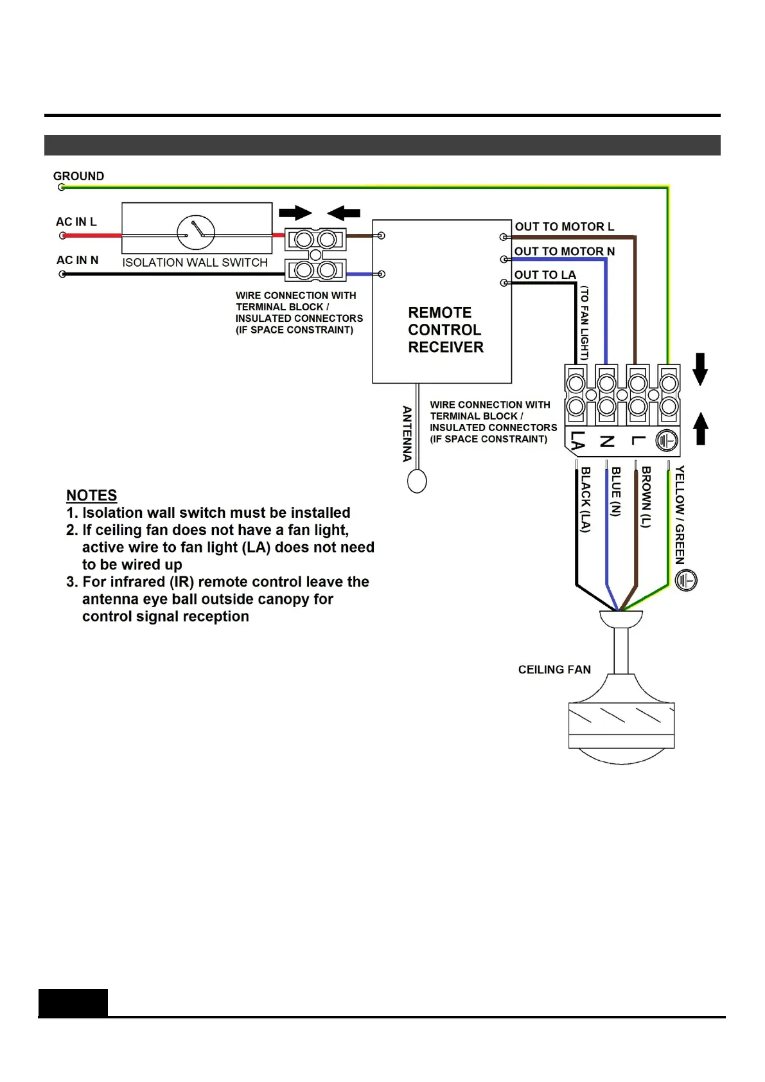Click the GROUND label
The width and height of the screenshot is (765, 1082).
tap(78, 176)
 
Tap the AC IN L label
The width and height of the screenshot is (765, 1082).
tap(76, 222)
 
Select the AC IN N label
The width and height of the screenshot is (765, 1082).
tap(77, 260)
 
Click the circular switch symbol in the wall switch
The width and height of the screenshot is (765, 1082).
tap(196, 233)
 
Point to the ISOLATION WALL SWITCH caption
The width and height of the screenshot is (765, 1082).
tap(195, 263)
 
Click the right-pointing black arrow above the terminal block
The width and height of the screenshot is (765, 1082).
tap(295, 213)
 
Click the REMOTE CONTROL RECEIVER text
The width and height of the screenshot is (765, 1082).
tap(444, 330)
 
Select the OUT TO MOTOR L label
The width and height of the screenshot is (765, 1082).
tap(564, 227)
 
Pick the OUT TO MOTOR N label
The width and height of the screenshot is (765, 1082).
tap(564, 251)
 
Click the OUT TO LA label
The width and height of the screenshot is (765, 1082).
tap(545, 275)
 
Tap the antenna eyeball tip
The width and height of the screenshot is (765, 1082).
tap(417, 481)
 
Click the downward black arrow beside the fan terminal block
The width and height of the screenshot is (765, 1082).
tap(700, 369)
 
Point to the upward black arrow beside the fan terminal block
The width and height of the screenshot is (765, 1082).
tap(701, 429)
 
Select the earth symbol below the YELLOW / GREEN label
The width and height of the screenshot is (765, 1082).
tap(686, 580)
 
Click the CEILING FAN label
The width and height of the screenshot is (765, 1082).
tap(554, 670)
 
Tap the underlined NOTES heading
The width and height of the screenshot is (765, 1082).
tap(92, 495)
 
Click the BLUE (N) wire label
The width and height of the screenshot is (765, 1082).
tap(615, 492)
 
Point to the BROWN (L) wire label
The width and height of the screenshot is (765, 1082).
tap(646, 497)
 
